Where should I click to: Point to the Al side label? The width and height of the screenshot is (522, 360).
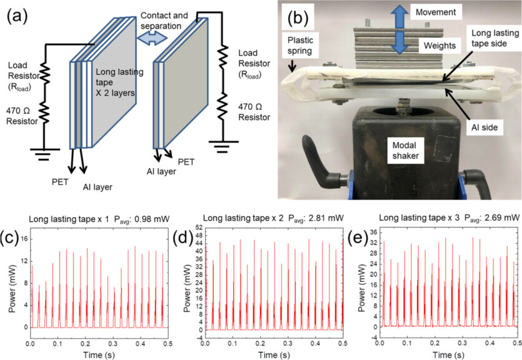pyautogui.click(x=483, y=126)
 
